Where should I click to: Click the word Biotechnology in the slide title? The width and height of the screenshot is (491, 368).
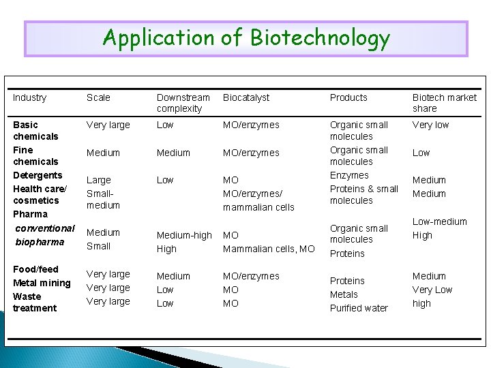coord(320,38)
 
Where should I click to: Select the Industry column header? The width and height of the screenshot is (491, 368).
coord(30,97)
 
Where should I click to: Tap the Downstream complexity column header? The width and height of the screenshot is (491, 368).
coord(183,103)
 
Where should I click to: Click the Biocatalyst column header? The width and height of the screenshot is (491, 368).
coord(246,97)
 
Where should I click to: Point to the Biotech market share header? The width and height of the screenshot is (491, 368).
coord(444,103)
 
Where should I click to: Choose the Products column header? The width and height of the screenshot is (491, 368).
coord(348,97)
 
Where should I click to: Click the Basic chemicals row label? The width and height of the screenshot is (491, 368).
coord(35,130)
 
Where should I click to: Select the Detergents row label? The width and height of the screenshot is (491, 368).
coord(38,175)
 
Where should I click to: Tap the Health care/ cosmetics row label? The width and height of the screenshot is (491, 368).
coord(38,194)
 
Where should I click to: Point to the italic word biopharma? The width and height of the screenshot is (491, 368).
coord(40,242)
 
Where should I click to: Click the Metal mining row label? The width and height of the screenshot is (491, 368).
coord(42,283)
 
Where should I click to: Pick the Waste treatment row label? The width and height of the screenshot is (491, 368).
coord(35,302)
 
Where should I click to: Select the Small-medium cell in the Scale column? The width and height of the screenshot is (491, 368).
coord(103,199)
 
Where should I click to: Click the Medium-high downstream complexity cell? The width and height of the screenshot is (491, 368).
coord(184,236)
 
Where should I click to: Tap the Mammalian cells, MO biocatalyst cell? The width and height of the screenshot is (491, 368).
coord(269,249)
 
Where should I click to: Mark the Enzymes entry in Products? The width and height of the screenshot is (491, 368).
coord(349,175)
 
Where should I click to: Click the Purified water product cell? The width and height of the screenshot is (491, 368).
coord(359,308)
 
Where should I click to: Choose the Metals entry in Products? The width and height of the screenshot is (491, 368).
coord(344,294)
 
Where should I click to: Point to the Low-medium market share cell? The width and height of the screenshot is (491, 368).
coord(440,221)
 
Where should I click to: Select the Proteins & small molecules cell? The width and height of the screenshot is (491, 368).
coord(363,194)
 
